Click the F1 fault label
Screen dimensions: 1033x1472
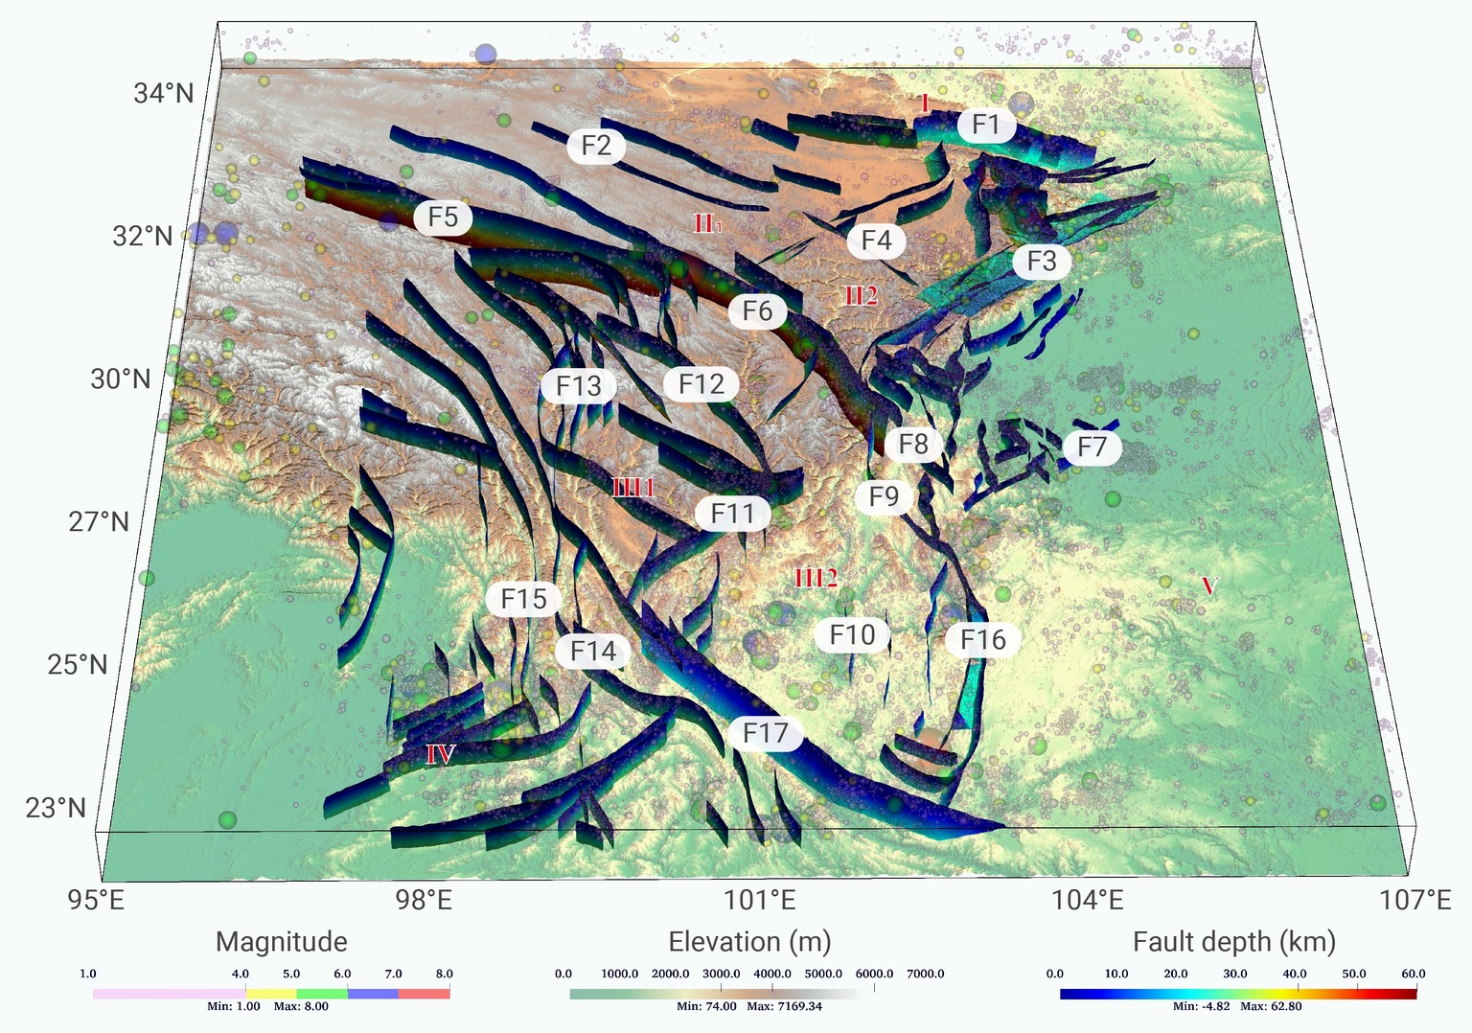click(986, 125)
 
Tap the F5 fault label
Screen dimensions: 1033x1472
click(443, 218)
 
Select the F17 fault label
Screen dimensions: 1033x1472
click(765, 734)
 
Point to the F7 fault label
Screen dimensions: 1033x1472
click(1092, 447)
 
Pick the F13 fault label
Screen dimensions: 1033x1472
click(578, 386)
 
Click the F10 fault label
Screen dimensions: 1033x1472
click(852, 634)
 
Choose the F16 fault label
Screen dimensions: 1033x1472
click(983, 639)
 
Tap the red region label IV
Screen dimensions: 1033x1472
click(440, 755)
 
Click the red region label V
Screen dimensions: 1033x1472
click(1209, 585)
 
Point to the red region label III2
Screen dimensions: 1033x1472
click(816, 578)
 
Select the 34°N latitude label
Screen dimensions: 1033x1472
click(164, 94)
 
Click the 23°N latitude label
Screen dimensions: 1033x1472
click(56, 808)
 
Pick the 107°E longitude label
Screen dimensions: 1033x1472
click(1414, 901)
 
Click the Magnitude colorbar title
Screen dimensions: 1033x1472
click(282, 942)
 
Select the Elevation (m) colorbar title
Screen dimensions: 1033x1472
click(749, 942)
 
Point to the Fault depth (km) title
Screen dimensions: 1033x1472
click(1234, 942)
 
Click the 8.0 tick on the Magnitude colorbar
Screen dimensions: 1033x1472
click(444, 974)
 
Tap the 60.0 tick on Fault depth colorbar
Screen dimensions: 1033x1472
click(1414, 974)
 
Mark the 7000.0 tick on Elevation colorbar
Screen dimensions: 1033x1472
click(926, 974)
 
